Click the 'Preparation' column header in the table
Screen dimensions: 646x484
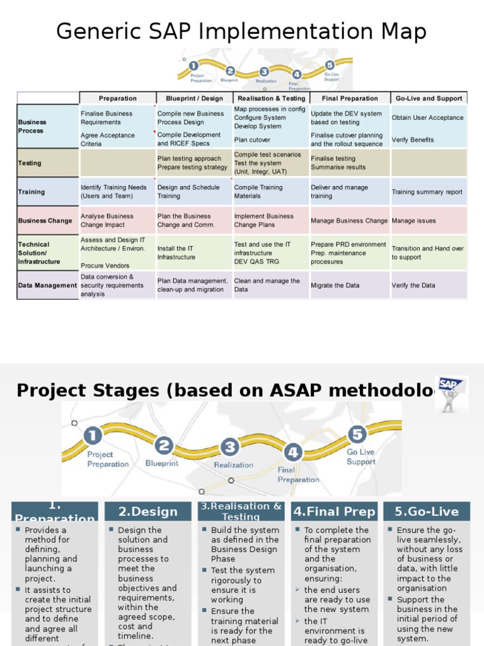(x=118, y=98)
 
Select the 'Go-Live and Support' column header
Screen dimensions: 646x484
(x=429, y=98)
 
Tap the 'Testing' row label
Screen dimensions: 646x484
(x=30, y=163)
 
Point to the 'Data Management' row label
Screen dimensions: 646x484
(x=47, y=285)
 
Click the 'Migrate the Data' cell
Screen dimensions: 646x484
(x=335, y=285)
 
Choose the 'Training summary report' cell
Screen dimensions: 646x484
(x=427, y=192)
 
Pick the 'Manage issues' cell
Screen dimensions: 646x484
(x=414, y=221)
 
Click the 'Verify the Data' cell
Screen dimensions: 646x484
(x=413, y=285)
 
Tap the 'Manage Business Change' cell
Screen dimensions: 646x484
(x=349, y=221)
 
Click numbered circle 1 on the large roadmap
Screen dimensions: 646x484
(x=93, y=435)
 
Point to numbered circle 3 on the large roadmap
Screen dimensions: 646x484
(x=230, y=447)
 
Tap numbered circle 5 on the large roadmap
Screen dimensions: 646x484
(x=357, y=434)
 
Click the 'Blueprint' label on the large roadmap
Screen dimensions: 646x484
(x=162, y=463)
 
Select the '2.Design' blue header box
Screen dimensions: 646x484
(x=148, y=512)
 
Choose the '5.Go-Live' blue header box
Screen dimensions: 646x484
(x=427, y=511)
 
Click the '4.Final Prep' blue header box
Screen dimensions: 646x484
(x=335, y=511)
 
